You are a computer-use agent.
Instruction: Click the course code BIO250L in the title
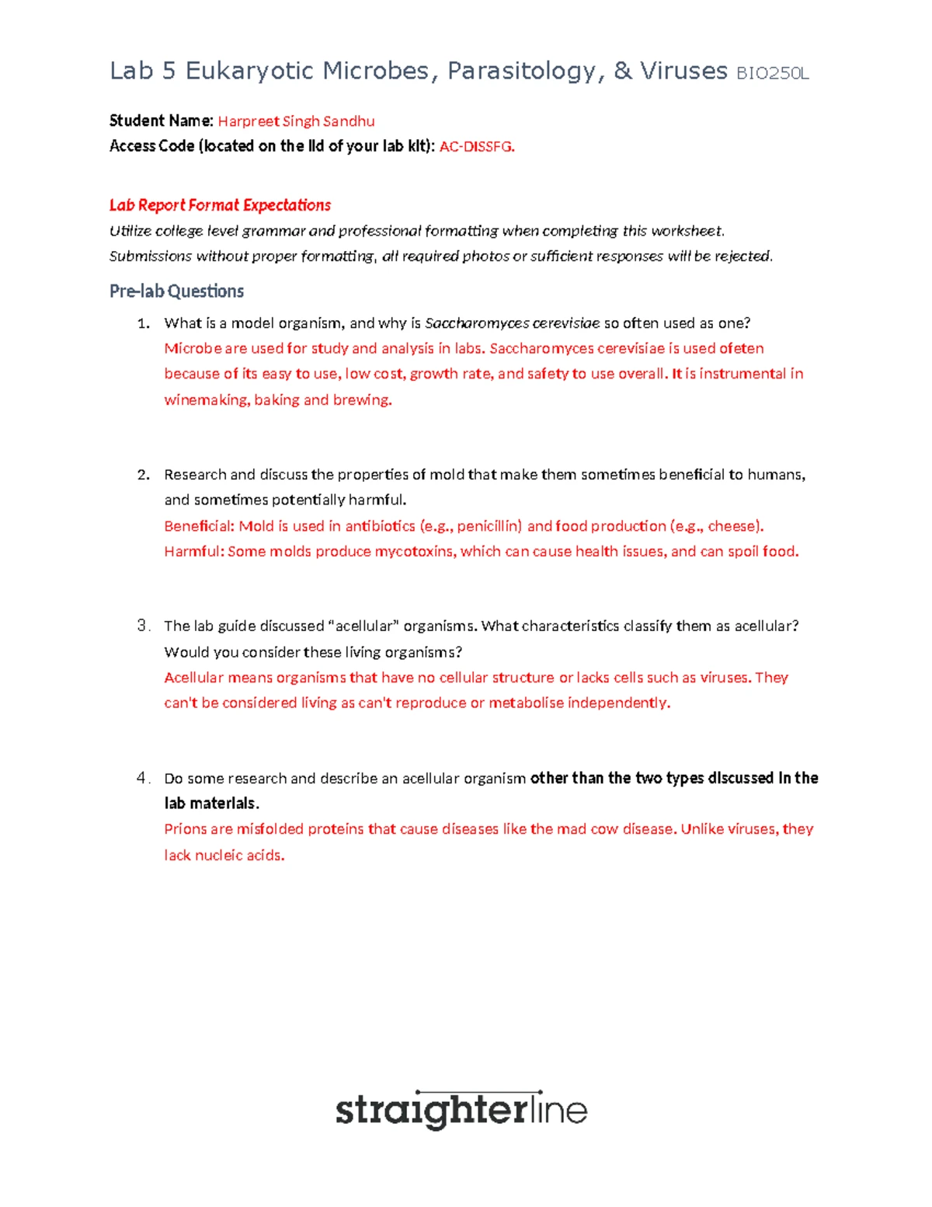pos(772,74)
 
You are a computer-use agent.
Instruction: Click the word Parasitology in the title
pos(522,71)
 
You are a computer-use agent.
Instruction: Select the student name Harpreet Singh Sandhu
pos(296,121)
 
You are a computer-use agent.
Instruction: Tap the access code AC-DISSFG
pos(476,146)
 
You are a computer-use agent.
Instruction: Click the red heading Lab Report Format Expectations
pos(220,205)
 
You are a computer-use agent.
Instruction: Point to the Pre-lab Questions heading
pos(176,291)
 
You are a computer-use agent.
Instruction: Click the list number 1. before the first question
pos(143,323)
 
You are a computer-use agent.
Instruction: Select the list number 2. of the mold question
pos(143,475)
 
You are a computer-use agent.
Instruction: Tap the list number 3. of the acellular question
pos(143,626)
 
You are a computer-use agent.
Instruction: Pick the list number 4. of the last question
pos(143,778)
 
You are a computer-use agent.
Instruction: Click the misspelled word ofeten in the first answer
pos(741,348)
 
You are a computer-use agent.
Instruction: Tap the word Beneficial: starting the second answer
pos(199,526)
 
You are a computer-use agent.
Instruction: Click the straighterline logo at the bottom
pos(461,1110)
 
